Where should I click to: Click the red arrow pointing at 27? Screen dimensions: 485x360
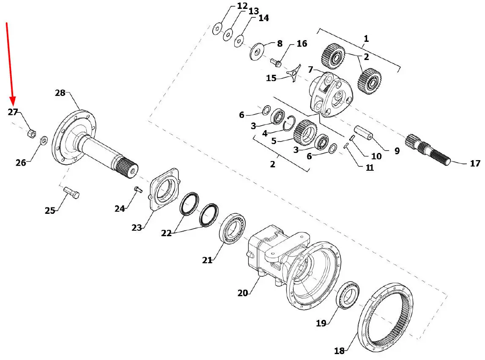click(x=10, y=63)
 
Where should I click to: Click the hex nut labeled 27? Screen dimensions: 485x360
click(x=32, y=134)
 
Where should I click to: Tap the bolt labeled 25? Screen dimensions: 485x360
click(x=71, y=193)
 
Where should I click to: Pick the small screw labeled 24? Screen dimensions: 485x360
click(x=138, y=189)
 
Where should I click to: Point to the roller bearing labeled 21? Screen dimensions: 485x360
click(x=232, y=228)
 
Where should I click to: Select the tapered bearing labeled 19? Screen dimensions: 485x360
click(x=347, y=295)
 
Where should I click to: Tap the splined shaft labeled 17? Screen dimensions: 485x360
click(x=428, y=150)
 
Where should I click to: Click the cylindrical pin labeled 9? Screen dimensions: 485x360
click(x=364, y=133)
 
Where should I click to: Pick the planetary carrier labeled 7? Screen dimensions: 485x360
click(x=331, y=94)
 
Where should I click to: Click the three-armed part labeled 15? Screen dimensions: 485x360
click(x=293, y=73)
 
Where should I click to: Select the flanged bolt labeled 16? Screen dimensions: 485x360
click(x=276, y=63)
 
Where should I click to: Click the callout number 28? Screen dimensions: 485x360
click(x=60, y=93)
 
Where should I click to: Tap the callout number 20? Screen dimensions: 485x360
click(x=243, y=293)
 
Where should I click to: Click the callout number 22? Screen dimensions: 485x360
click(x=166, y=233)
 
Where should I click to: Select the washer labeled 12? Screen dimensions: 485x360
click(x=217, y=29)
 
